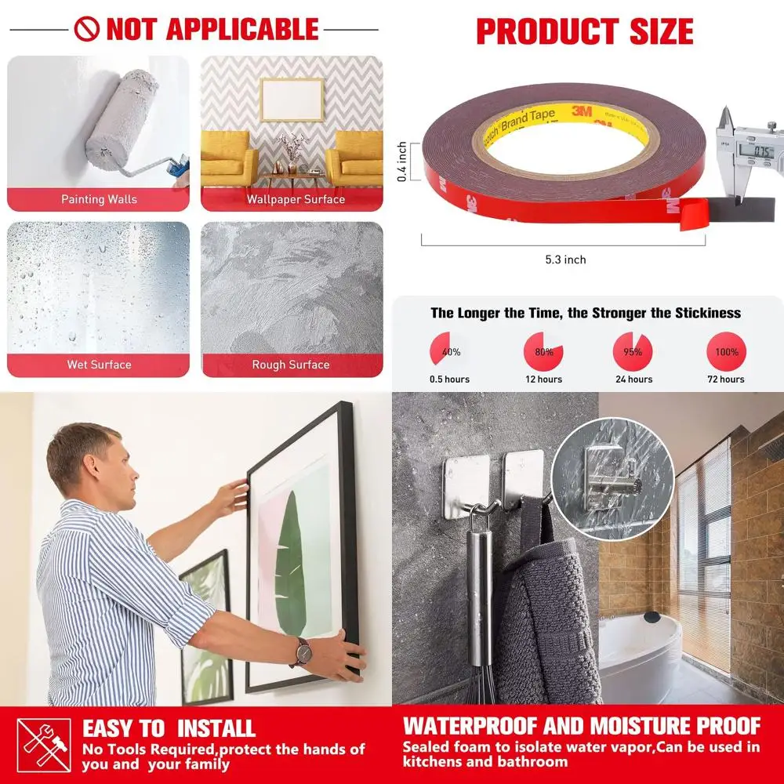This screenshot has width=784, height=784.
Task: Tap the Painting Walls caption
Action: pyautogui.click(x=99, y=200)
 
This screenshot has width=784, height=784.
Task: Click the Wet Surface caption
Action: pyautogui.click(x=99, y=365)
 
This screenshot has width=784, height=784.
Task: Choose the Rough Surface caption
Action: pyautogui.click(x=291, y=365)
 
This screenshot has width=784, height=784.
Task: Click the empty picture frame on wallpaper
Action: pyautogui.click(x=292, y=100)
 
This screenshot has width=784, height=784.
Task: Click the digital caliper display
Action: pyautogui.click(x=760, y=151)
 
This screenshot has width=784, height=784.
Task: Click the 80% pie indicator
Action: pyautogui.click(x=543, y=352)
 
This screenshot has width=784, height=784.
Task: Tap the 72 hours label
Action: pyautogui.click(x=725, y=379)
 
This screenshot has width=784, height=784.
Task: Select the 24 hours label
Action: pyautogui.click(x=633, y=379)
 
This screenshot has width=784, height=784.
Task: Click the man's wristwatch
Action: pyautogui.click(x=302, y=650)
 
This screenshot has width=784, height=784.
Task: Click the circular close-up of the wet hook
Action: pyautogui.click(x=612, y=467)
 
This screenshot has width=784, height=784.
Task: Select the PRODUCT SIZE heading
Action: pyautogui.click(x=585, y=31)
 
